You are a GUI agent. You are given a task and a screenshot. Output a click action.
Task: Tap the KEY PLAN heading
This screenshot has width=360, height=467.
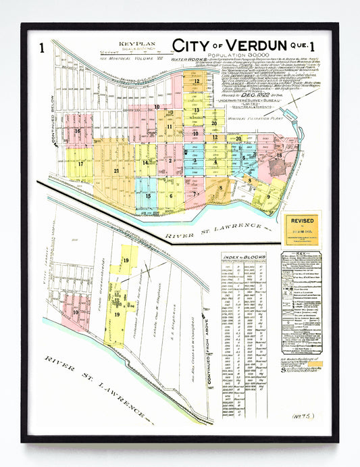(131, 44)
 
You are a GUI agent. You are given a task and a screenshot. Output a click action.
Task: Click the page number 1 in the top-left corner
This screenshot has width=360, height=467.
(42, 47)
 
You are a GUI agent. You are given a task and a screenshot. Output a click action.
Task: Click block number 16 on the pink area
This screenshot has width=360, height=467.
(78, 132)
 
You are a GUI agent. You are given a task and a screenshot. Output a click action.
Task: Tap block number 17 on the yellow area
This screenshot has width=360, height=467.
(81, 164)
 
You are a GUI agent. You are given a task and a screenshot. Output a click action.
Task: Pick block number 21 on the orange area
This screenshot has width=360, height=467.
(117, 172)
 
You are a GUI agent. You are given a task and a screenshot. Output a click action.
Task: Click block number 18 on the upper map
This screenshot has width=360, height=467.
(279, 155)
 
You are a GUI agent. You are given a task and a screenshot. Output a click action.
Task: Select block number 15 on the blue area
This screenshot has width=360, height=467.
(148, 196)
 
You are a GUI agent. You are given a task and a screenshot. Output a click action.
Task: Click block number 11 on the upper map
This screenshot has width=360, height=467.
(170, 126)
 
